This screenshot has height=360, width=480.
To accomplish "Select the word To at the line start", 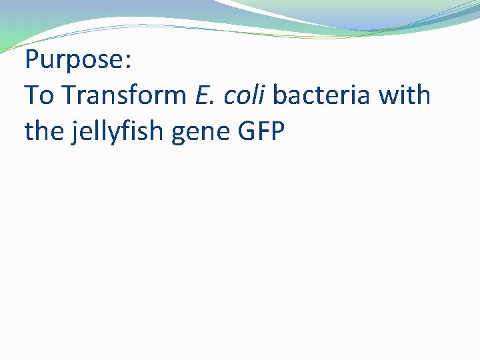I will (x=39, y=96).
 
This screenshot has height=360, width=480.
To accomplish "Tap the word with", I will (x=405, y=96).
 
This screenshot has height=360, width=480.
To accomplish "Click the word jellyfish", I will (x=116, y=133).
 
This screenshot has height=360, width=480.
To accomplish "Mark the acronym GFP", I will (x=261, y=131).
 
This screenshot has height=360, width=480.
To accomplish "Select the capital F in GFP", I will (x=262, y=131).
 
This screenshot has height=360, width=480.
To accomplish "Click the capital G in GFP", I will (x=246, y=131).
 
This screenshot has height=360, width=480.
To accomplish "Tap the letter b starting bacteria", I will (x=280, y=96).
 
